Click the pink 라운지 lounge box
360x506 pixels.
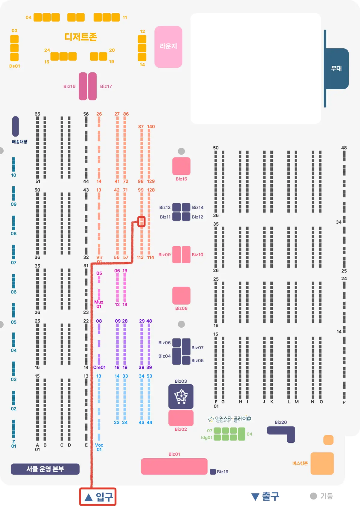pyautogui.click(x=168, y=47)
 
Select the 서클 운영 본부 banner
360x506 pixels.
pyautogui.click(x=45, y=469)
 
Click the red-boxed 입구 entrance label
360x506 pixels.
pyautogui.click(x=98, y=497)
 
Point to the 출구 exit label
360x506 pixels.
pyautogui.click(x=265, y=496)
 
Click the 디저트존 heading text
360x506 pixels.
pyautogui.click(x=81, y=37)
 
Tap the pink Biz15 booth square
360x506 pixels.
pyautogui.click(x=181, y=166)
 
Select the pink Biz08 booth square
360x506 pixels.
pyautogui.click(x=181, y=295)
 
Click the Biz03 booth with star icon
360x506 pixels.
pyautogui.click(x=181, y=396)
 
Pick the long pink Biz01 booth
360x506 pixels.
pyautogui.click(x=174, y=466)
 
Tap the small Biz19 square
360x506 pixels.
pyautogui.click(x=213, y=471)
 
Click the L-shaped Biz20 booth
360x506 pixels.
pyautogui.click(x=282, y=432)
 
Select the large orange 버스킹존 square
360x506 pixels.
pyautogui.click(x=322, y=463)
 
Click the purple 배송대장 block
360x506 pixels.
pyautogui.click(x=16, y=126)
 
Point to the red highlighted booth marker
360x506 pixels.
pyautogui.click(x=141, y=222)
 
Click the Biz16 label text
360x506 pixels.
pyautogui.click(x=69, y=86)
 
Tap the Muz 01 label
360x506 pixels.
pyautogui.click(x=99, y=304)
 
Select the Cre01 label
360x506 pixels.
pyautogui.click(x=99, y=367)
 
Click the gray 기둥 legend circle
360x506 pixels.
pyautogui.click(x=313, y=496)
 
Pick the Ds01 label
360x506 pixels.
pyautogui.click(x=15, y=66)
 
